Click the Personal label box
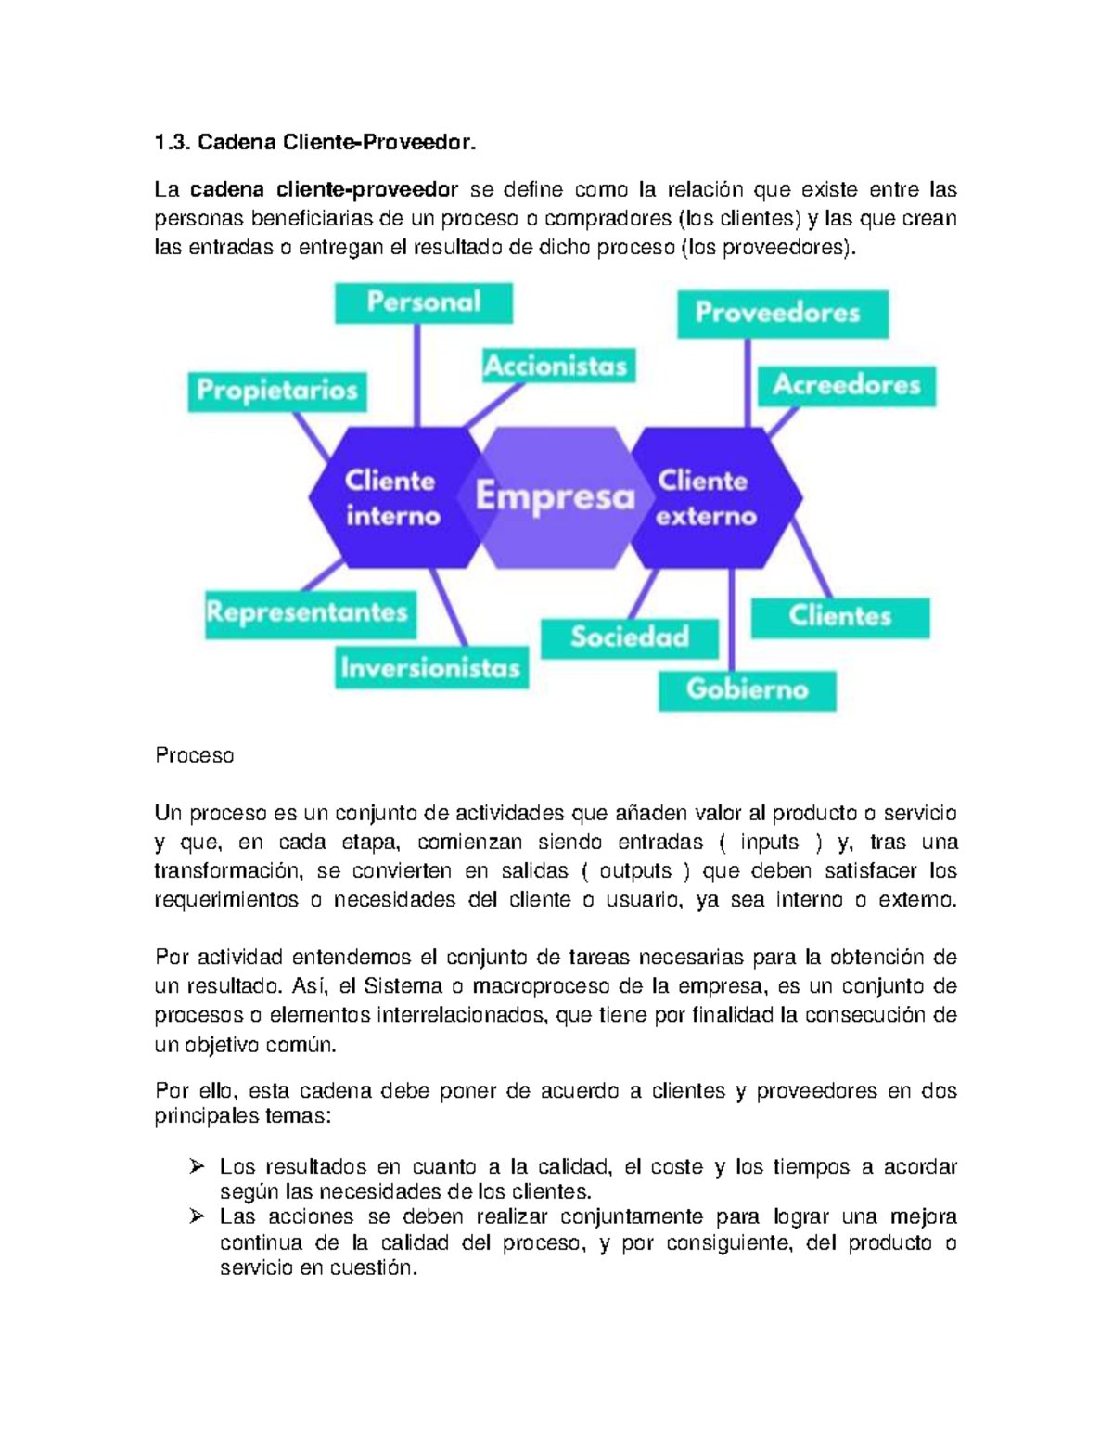(x=423, y=302)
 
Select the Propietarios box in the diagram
(x=277, y=390)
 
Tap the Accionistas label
(x=556, y=366)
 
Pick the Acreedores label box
(x=846, y=385)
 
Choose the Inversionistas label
(x=430, y=667)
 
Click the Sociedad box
(x=630, y=637)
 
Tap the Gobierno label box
(x=747, y=689)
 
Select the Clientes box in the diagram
(x=839, y=616)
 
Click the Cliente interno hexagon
(x=390, y=498)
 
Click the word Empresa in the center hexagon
(x=555, y=496)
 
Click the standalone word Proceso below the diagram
(x=195, y=755)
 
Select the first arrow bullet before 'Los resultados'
(x=197, y=1166)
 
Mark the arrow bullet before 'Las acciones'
(x=197, y=1216)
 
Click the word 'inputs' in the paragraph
(x=769, y=842)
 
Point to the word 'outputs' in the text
(x=635, y=870)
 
